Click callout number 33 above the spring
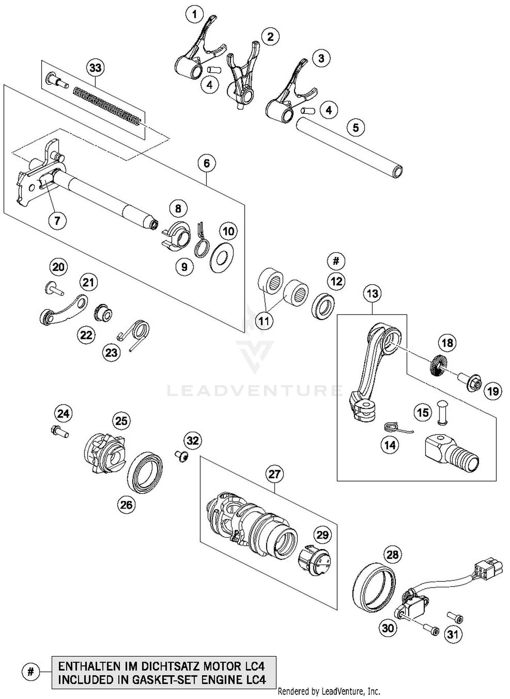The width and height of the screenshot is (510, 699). (95, 68)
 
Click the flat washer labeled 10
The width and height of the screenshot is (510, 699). (222, 257)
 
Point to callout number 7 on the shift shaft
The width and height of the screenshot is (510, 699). (57, 221)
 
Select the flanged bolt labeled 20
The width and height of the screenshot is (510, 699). (53, 288)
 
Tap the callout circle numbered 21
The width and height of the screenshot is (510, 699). (88, 282)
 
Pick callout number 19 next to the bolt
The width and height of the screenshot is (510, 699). (493, 392)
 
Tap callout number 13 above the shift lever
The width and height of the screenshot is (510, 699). (372, 293)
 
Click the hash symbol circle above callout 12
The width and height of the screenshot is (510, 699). (336, 261)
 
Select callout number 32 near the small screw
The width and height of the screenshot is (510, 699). (192, 441)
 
